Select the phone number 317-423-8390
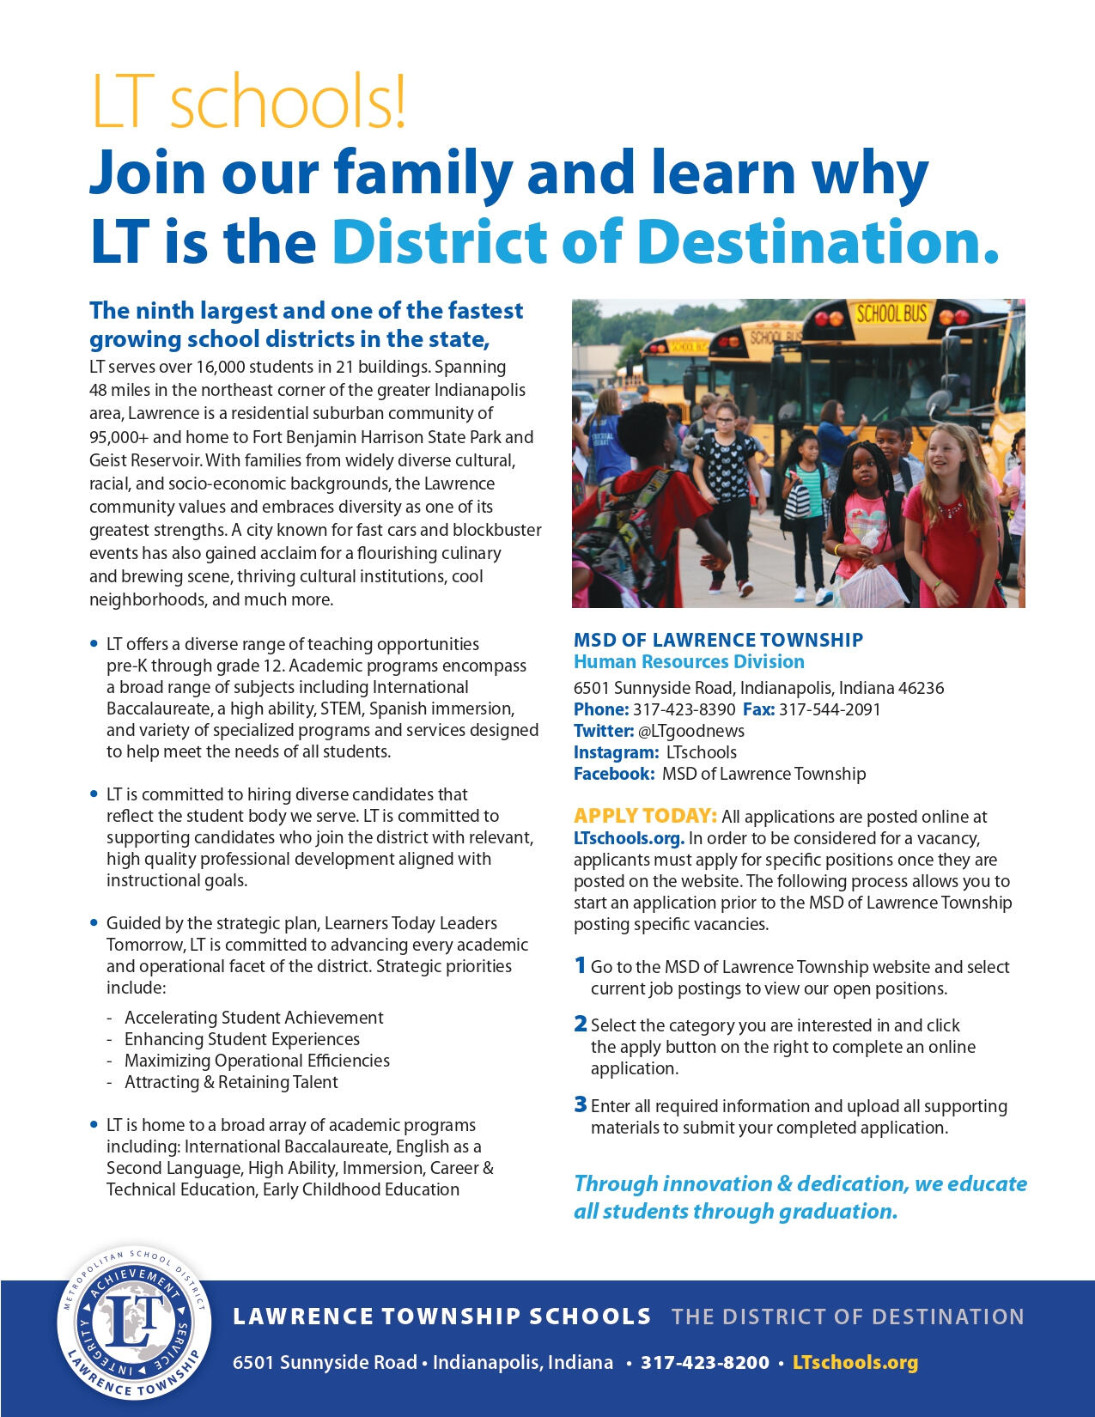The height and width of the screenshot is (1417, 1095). [684, 709]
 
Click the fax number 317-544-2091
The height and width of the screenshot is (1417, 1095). [829, 709]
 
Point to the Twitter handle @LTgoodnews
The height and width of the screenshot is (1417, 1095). [690, 731]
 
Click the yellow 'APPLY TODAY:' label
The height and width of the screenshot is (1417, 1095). [645, 816]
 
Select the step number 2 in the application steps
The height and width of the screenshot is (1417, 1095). [581, 1025]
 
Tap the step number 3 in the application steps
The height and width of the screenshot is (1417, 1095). [581, 1104]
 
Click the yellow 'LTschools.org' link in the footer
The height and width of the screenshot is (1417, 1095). [855, 1362]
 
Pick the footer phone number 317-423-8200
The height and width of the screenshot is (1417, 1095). [704, 1362]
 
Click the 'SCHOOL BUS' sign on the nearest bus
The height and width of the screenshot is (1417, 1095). [891, 314]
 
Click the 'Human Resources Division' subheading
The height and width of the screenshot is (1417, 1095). [689, 662]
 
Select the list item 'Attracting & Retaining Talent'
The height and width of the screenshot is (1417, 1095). [231, 1082]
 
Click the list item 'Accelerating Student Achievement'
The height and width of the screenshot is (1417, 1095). [253, 1018]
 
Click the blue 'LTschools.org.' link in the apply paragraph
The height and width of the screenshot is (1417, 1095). [629, 838]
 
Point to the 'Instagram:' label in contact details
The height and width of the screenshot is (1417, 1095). [616, 752]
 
